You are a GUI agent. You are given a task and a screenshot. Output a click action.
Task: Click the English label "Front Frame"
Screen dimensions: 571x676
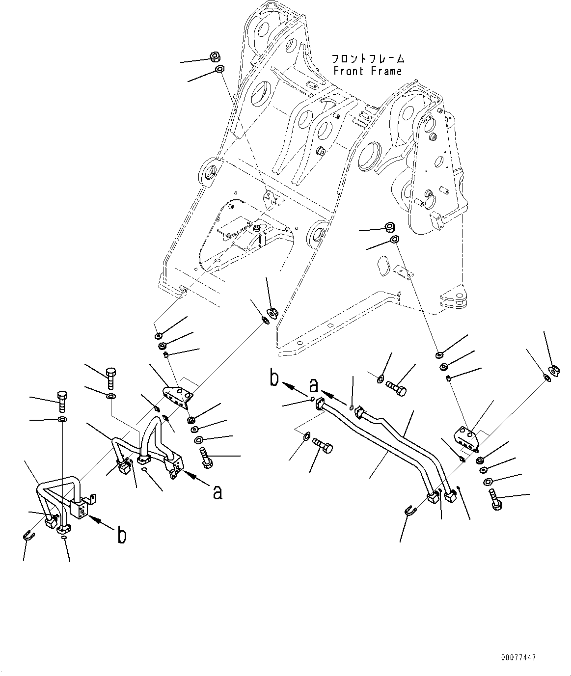point(368,71)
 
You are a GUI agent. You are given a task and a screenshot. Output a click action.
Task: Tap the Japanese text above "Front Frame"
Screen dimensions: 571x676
point(368,58)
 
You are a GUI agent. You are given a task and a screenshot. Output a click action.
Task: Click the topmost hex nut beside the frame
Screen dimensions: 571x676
point(216,56)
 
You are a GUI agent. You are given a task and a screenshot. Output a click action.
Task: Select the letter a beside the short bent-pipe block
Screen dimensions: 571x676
point(218,493)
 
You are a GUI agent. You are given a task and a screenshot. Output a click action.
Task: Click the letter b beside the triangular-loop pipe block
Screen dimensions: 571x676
point(122,536)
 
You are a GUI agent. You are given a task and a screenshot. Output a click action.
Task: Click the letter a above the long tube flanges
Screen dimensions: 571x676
point(314,385)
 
